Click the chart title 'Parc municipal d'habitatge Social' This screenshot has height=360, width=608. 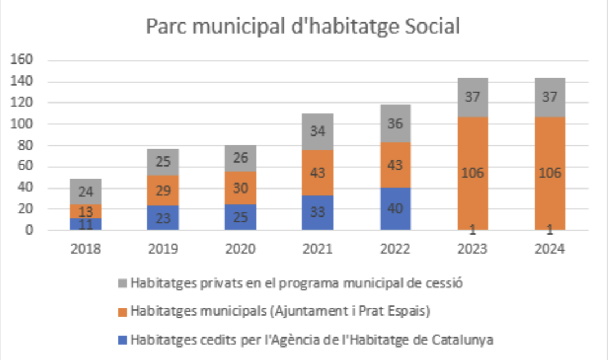pyautogui.click(x=303, y=26)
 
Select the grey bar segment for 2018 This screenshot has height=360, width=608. pyautogui.click(x=86, y=192)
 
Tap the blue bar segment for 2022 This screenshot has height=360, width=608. pyautogui.click(x=395, y=209)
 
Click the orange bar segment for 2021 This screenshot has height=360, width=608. pyautogui.click(x=318, y=173)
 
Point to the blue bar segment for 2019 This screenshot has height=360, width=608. pyautogui.click(x=163, y=217)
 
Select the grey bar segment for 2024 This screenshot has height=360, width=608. pyautogui.click(x=549, y=97)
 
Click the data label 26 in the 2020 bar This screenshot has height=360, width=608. pyautogui.click(x=240, y=158)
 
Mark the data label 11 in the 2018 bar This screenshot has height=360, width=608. pyautogui.click(x=86, y=224)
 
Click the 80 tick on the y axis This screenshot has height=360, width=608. pyautogui.click(x=25, y=145)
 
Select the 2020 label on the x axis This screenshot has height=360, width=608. pyautogui.click(x=240, y=249)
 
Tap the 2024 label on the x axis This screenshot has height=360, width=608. pyautogui.click(x=549, y=249)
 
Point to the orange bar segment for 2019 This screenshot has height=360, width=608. pyautogui.click(x=163, y=190)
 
